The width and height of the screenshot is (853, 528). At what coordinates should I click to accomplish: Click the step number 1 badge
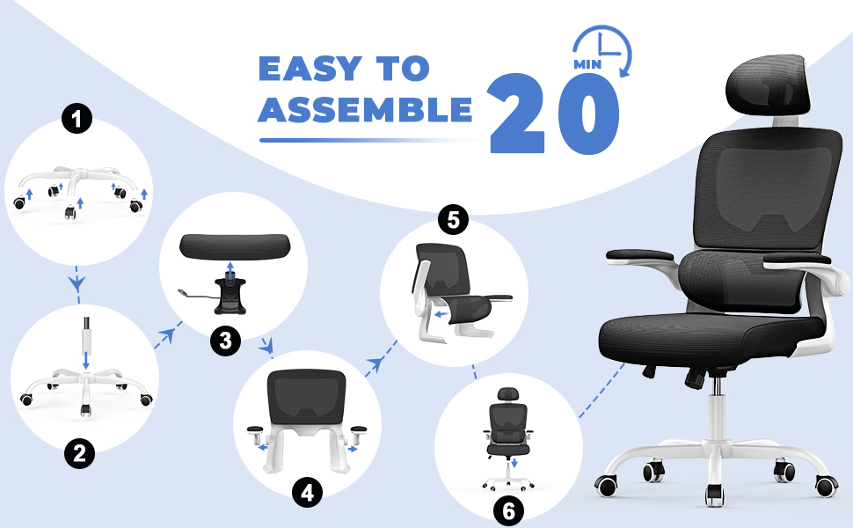(77, 118)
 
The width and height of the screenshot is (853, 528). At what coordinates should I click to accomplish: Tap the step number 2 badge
(79, 453)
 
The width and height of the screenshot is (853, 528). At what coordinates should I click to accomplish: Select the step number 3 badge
(225, 341)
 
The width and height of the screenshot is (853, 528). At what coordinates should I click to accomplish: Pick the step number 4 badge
(308, 492)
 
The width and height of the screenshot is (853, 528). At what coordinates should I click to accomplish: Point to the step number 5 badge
(453, 220)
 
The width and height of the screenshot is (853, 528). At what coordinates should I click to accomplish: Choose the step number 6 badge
(508, 510)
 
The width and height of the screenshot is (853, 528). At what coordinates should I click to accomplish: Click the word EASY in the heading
(310, 69)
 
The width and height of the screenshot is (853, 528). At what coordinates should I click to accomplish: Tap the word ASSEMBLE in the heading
(365, 109)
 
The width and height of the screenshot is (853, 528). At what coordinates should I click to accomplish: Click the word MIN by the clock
(587, 64)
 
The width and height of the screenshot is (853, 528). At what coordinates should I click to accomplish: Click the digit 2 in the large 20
(516, 114)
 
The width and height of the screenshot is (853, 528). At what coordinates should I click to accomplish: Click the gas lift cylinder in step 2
(85, 334)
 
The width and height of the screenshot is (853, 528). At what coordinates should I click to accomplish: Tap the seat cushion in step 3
(235, 246)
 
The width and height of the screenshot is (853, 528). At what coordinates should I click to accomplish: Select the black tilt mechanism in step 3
(230, 296)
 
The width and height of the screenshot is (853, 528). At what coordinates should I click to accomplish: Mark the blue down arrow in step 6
(514, 462)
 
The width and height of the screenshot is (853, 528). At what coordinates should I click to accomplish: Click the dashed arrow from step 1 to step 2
(77, 284)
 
